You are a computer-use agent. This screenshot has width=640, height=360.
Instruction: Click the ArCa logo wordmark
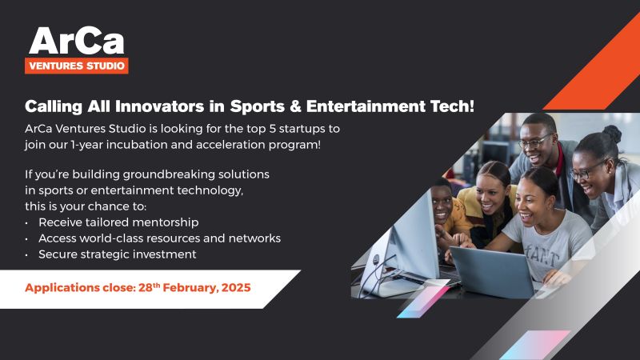[76, 41]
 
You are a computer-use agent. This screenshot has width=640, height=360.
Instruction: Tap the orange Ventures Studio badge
[77, 66]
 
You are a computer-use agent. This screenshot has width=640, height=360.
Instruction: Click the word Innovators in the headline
[159, 106]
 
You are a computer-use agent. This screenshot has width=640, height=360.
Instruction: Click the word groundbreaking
[169, 174]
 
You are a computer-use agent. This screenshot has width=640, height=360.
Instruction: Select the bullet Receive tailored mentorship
[118, 222]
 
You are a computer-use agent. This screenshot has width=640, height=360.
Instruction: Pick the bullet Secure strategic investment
[117, 254]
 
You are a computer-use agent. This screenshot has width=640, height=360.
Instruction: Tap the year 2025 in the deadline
[236, 287]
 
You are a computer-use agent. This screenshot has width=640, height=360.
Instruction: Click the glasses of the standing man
[535, 142]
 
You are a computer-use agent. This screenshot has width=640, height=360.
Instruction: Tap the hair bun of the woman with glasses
[612, 134]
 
